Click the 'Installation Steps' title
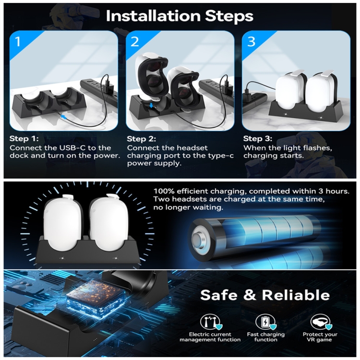coord(180,16)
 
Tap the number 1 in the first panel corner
coord(18,42)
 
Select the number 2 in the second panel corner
coord(134,42)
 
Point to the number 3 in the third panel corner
coord(252,42)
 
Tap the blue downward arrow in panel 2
coord(151,106)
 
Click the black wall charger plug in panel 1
coord(108,88)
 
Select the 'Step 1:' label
coord(24,139)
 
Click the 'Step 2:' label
coord(142,139)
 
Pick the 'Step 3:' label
coord(258,139)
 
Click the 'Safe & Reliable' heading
coord(265,295)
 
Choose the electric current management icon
coord(210,322)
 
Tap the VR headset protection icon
coord(321,322)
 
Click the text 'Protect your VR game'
coord(320,337)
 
